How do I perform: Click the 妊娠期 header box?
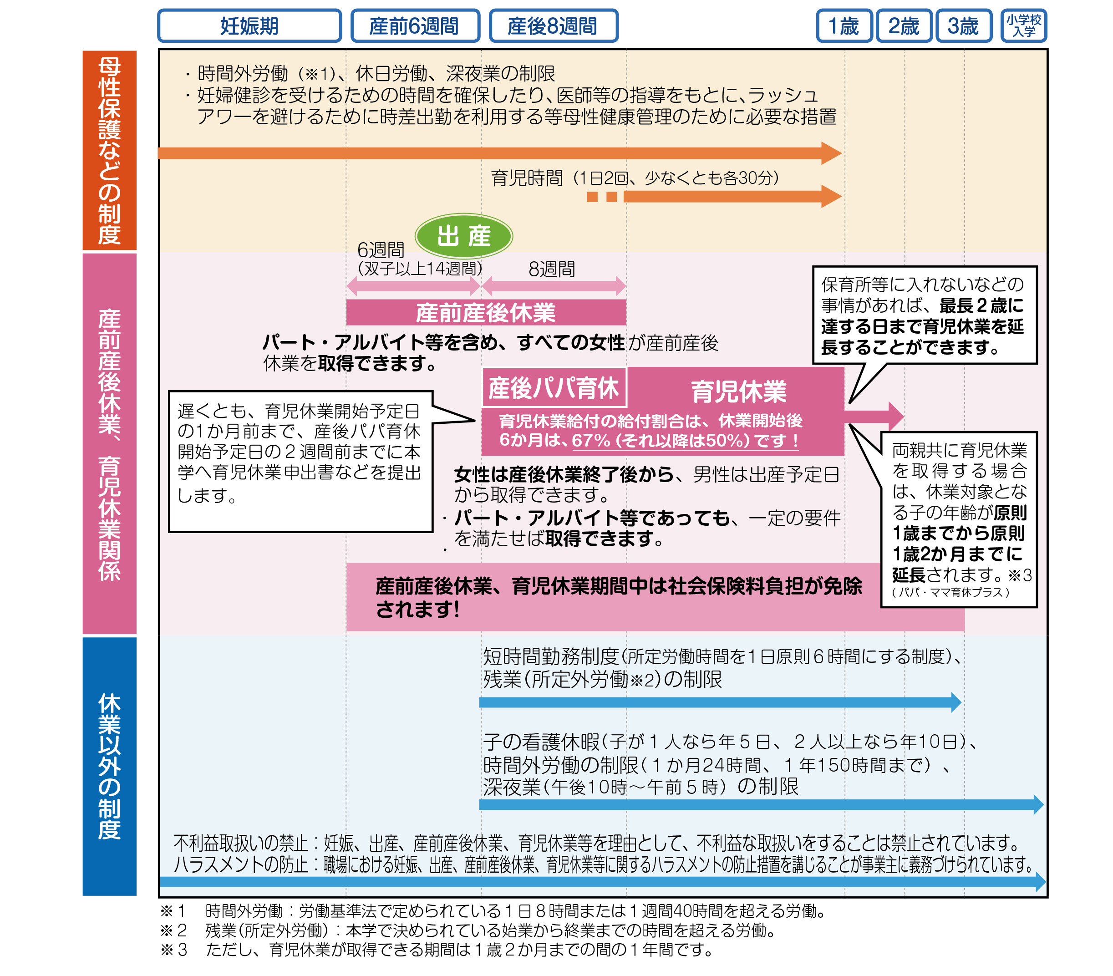(x=249, y=25)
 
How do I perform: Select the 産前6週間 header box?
(x=415, y=25)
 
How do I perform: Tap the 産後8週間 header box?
(x=553, y=25)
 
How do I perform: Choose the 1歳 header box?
(x=844, y=25)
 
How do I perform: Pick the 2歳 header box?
(x=904, y=25)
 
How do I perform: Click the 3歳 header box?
(x=963, y=25)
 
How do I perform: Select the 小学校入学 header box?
(x=1024, y=25)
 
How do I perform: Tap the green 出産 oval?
(x=464, y=236)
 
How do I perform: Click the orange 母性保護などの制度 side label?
(x=109, y=150)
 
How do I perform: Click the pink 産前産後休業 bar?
(x=486, y=313)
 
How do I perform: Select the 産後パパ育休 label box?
(x=554, y=388)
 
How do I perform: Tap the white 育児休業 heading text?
(x=739, y=391)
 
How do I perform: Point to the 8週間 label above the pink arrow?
(x=552, y=269)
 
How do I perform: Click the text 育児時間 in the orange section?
(x=527, y=178)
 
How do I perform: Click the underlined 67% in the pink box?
(x=591, y=440)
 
